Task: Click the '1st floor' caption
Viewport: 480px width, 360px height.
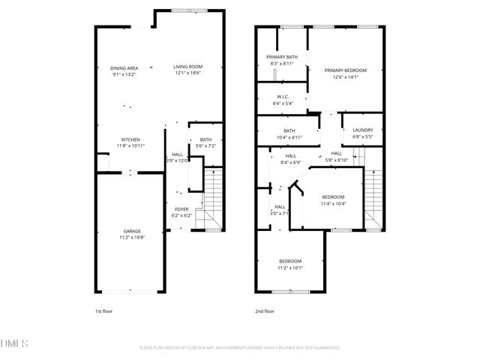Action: (103, 310)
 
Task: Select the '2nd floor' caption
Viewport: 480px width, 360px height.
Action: (265, 310)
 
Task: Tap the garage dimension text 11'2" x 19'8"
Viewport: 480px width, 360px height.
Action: (133, 237)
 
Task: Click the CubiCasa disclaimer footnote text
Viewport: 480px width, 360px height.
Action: (240, 348)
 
